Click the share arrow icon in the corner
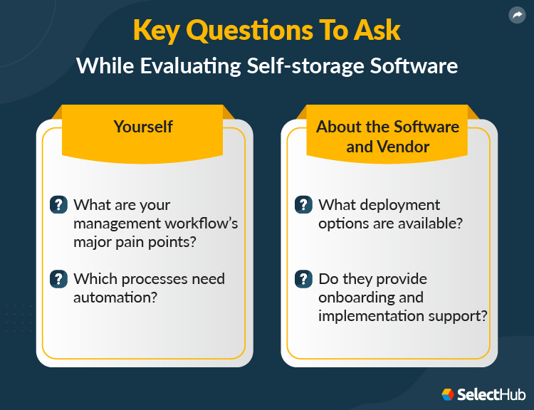pyautogui.click(x=517, y=15)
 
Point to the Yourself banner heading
pyautogui.click(x=143, y=127)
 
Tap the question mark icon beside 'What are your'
pyautogui.click(x=58, y=205)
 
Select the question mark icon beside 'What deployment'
pyautogui.click(x=303, y=205)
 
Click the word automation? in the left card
pyautogui.click(x=115, y=298)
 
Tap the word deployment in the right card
pyautogui.click(x=399, y=205)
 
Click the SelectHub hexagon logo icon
pyautogui.click(x=448, y=394)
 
